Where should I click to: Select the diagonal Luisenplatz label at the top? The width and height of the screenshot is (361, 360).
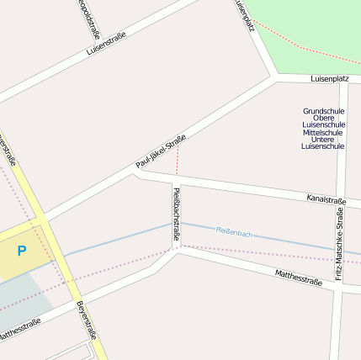coord(244,14)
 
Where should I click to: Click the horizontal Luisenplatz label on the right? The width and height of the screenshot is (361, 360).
coord(329,78)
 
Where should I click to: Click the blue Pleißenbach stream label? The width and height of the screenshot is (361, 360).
coord(234,231)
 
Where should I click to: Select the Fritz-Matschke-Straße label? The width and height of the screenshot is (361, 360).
coord(340,245)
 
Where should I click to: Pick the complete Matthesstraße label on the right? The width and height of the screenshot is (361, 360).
coord(299,278)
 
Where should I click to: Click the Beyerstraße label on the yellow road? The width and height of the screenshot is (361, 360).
coord(87,320)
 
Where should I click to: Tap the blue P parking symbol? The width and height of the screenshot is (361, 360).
coord(22,251)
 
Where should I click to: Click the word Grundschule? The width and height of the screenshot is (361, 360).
coord(323,111)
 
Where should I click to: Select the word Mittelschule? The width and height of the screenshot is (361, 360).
coord(323,132)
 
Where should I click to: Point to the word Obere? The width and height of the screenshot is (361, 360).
coord(323,118)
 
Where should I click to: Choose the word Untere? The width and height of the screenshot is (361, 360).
coord(323,139)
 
